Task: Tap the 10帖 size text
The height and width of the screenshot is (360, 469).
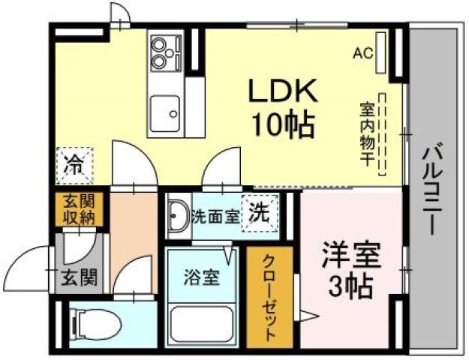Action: click(284, 124)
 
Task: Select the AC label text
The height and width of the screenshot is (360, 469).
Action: click(363, 53)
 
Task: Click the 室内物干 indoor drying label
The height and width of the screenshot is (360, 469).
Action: click(368, 135)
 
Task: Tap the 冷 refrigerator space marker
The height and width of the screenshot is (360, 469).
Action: click(75, 163)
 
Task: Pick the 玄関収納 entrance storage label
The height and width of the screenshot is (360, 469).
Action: click(78, 209)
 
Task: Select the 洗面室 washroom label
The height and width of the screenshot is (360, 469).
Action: click(216, 217)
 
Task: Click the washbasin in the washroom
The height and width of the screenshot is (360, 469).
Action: click(177, 218)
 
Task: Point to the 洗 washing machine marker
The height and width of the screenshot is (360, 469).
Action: click(260, 212)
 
